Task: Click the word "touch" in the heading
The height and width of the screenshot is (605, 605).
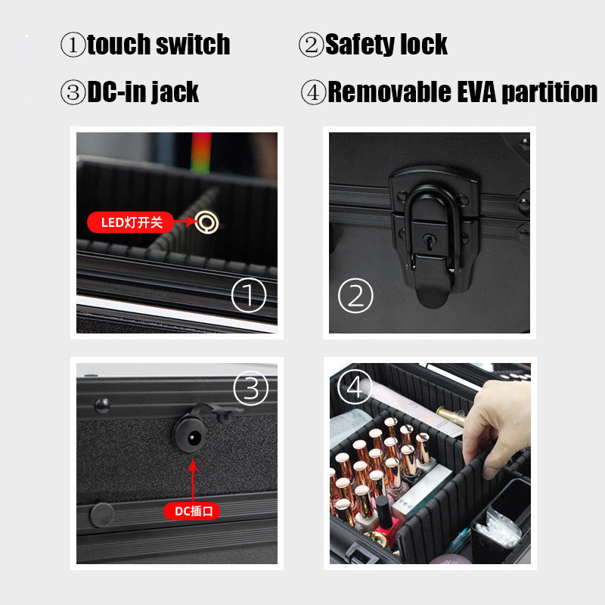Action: point(119,45)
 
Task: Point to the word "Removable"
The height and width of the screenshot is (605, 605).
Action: point(389,92)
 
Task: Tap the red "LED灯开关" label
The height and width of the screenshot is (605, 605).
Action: point(130,222)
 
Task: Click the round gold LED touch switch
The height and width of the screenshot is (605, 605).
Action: point(206,222)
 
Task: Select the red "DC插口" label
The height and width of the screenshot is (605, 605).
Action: point(192,511)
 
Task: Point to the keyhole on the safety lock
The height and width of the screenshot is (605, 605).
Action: point(428,241)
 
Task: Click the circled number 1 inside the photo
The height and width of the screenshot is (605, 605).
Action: point(249,295)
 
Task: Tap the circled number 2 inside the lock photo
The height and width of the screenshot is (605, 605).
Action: point(355,295)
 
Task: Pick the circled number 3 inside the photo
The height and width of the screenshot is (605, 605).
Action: point(251,388)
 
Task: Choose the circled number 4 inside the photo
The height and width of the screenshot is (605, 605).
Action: point(355,386)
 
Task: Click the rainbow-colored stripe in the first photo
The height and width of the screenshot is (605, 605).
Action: point(201,153)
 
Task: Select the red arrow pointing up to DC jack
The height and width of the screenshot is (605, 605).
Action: point(193,480)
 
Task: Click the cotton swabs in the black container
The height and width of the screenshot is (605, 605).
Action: point(497,526)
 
